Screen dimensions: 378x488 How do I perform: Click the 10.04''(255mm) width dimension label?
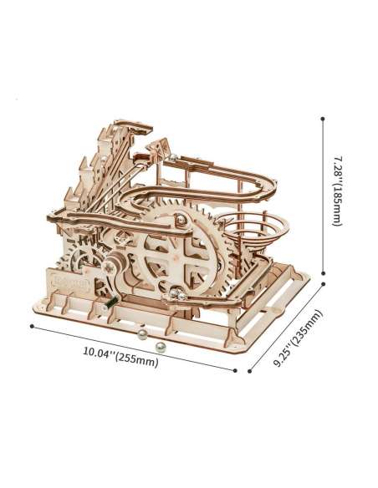pos(120,357)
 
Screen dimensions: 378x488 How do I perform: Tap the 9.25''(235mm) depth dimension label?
pos(298,338)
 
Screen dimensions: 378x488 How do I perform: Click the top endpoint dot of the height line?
pos(323,119)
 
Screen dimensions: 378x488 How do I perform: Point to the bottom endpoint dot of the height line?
pos(323,273)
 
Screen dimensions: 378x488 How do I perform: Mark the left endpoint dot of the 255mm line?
pos(32,326)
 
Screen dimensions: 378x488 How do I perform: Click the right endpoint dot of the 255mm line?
pos(235,370)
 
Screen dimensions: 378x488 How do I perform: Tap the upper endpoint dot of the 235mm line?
pos(324,284)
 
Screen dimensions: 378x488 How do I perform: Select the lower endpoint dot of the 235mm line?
pos(249,371)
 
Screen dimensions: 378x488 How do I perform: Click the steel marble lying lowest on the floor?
pos(161,347)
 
